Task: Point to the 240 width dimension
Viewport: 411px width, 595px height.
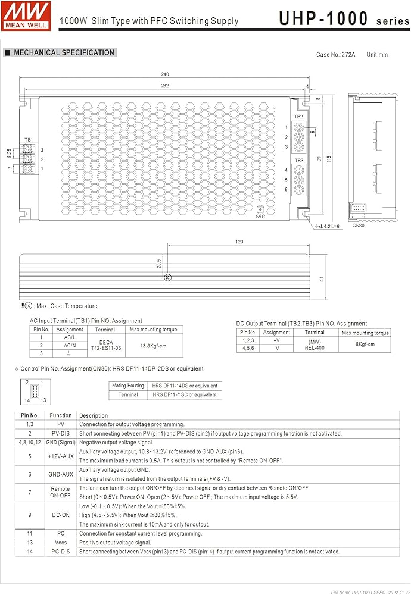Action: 165,74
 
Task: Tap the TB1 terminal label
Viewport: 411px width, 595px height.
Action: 29,140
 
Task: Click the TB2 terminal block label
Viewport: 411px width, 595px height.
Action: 298,117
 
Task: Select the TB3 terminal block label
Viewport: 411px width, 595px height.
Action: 298,161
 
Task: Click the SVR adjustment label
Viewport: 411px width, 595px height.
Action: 260,217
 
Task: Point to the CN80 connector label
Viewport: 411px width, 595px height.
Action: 358,226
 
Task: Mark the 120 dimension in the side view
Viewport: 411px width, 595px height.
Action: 239,242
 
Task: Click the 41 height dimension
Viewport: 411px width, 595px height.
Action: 322,278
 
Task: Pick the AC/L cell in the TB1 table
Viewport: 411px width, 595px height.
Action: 70,337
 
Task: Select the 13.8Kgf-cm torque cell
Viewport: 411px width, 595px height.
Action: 152,345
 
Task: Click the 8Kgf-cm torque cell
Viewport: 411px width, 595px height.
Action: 364,345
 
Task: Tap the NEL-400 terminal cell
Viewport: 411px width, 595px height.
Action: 315,348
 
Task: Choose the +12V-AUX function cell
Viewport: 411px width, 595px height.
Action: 61,456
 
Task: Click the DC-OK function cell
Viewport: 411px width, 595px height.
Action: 61,515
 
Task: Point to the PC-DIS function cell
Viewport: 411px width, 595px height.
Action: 61,552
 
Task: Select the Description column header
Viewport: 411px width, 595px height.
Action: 94,415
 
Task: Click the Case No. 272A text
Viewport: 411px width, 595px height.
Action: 336,55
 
